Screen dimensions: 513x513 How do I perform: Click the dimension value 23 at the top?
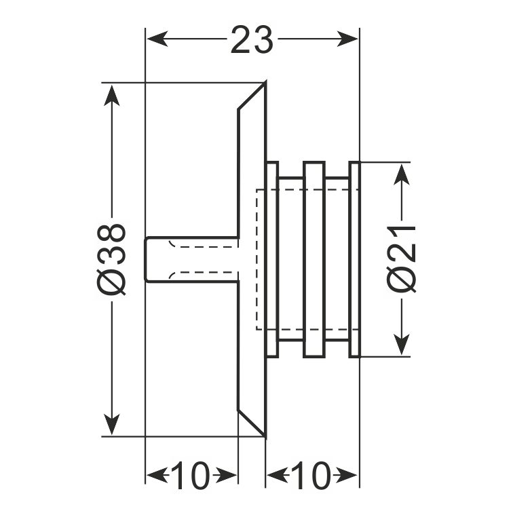pos(252,40)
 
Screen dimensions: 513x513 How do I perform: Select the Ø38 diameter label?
pos(111,259)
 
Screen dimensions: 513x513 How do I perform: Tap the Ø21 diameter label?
pos(402,259)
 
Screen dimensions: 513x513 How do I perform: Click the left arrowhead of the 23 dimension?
pos(157,39)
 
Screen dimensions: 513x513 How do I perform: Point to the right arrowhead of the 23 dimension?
pos(347,39)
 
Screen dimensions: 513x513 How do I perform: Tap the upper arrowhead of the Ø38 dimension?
pos(111,95)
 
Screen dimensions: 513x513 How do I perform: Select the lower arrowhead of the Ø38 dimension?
pos(111,424)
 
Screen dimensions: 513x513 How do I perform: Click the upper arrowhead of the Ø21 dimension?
pos(402,174)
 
